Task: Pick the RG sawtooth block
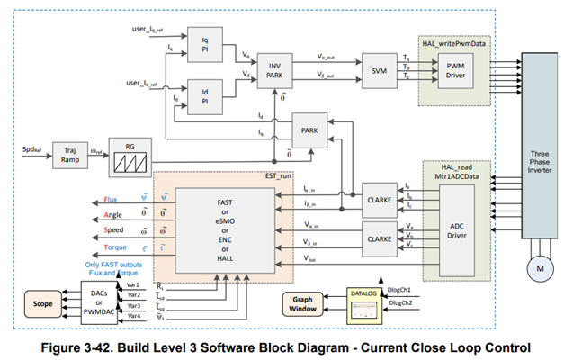(x=129, y=155)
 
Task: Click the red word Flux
(x=111, y=198)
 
